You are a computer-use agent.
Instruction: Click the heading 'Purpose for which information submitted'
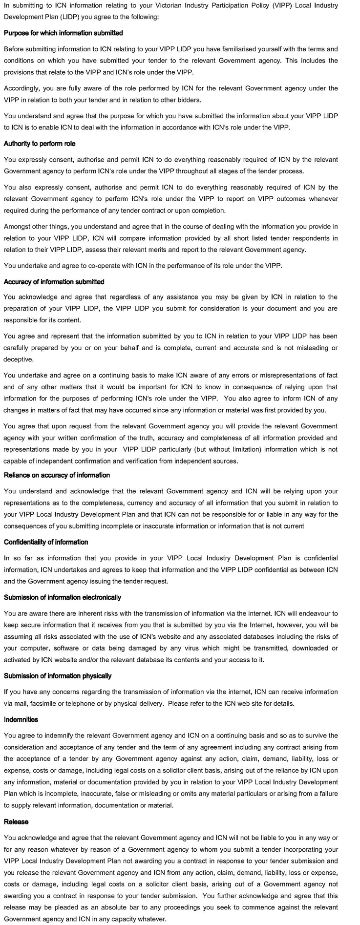[x=63, y=33]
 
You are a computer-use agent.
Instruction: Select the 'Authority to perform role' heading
[x=40, y=144]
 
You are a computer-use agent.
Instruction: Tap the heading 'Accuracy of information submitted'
[x=54, y=282]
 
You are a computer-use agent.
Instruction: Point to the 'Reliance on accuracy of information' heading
[x=57, y=475]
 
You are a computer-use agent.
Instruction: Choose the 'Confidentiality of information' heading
[x=46, y=542]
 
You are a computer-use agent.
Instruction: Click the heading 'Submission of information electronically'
[x=63, y=597]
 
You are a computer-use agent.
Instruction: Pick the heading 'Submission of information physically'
[x=58, y=676]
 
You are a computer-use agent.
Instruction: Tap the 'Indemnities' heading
[x=21, y=719]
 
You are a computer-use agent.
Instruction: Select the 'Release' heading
[x=16, y=821]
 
